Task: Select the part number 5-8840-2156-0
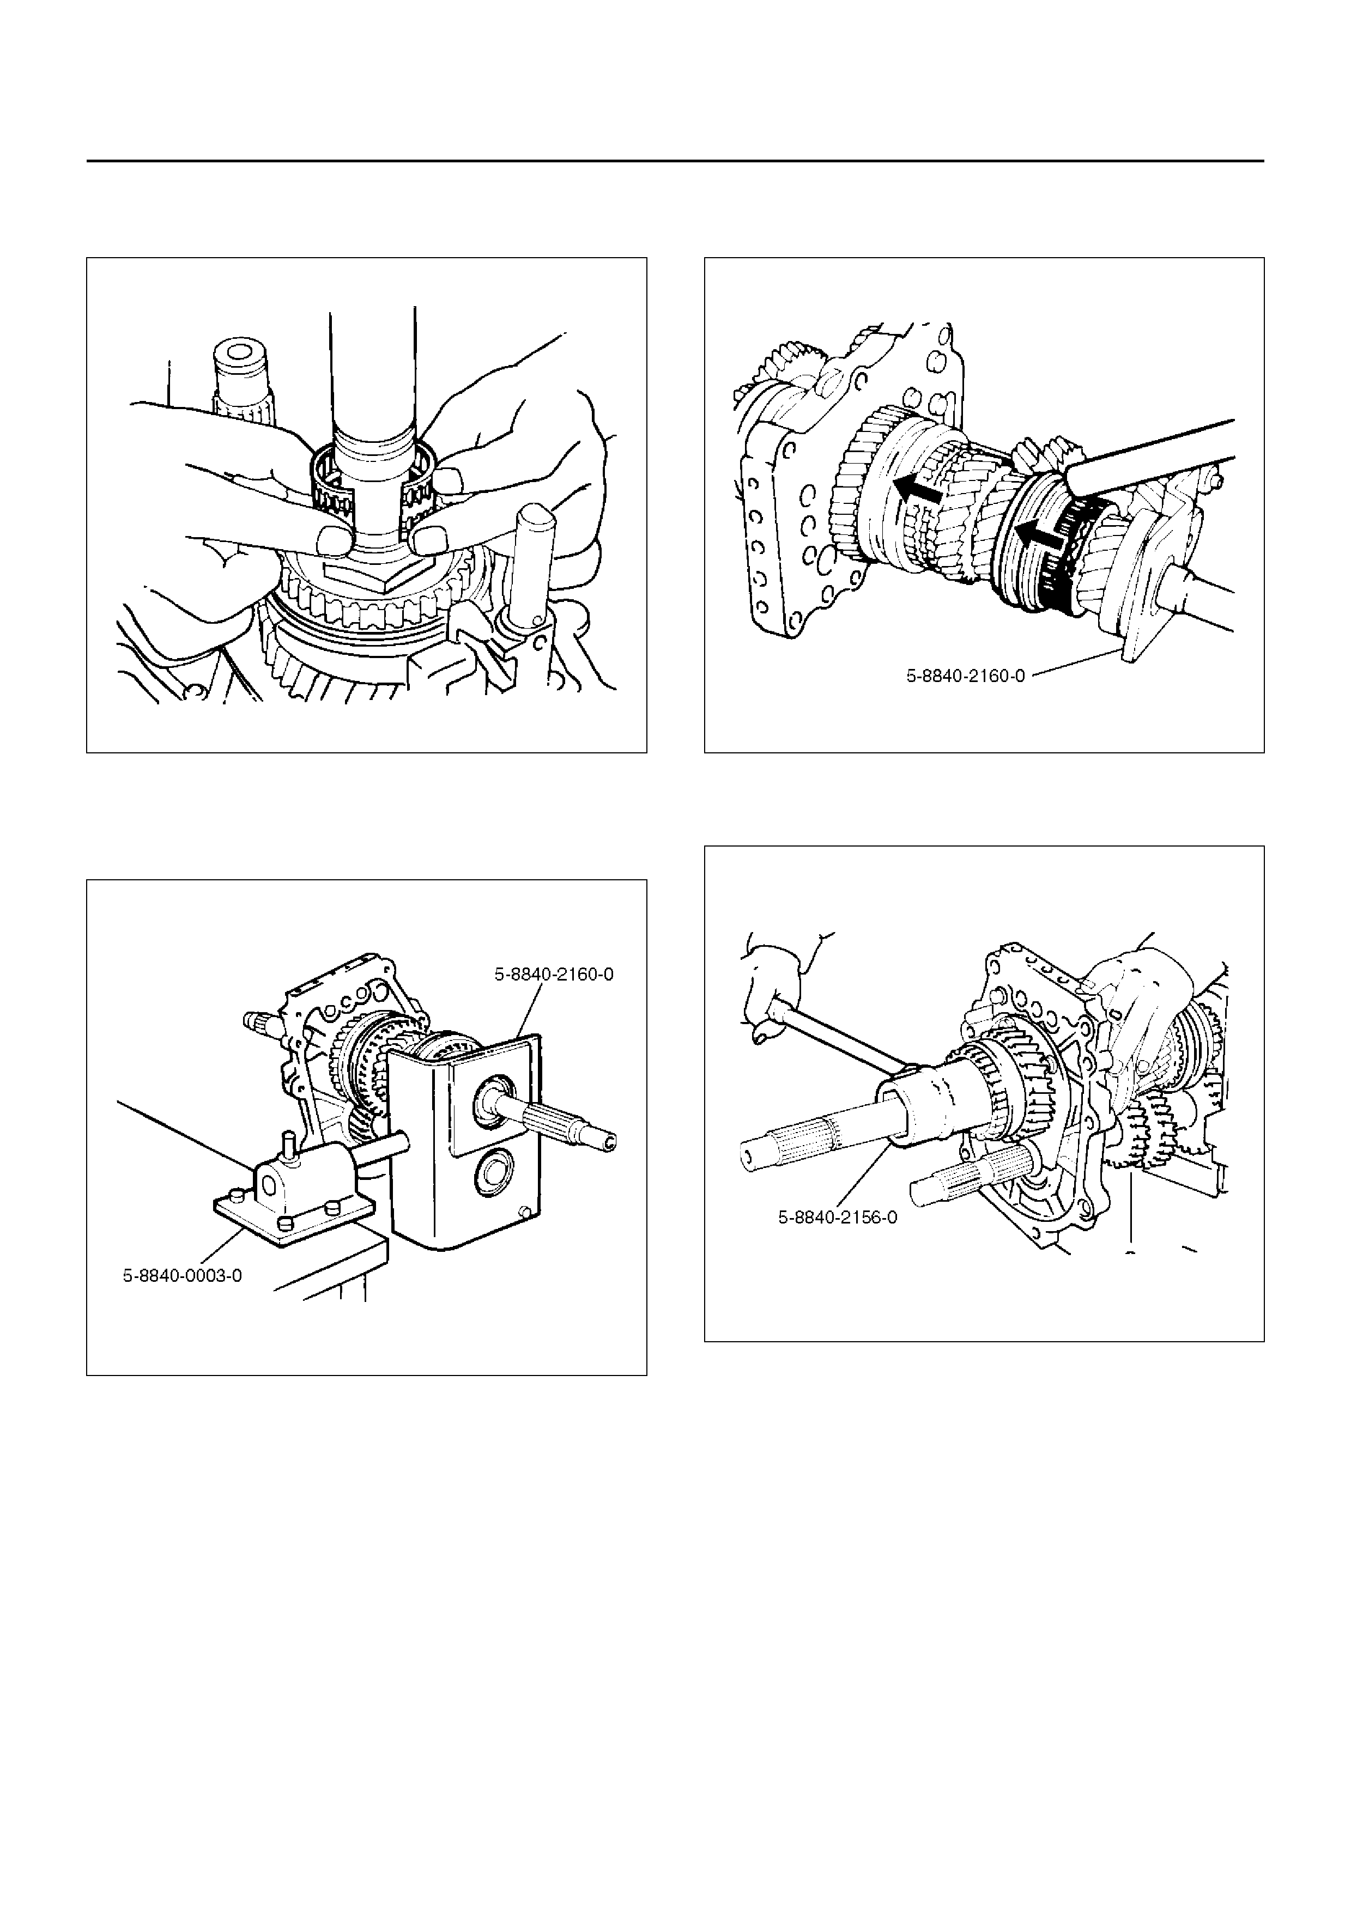point(838,1218)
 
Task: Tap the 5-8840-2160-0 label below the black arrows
point(966,677)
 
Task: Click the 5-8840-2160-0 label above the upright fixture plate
point(554,974)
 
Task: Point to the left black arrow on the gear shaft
point(918,490)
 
